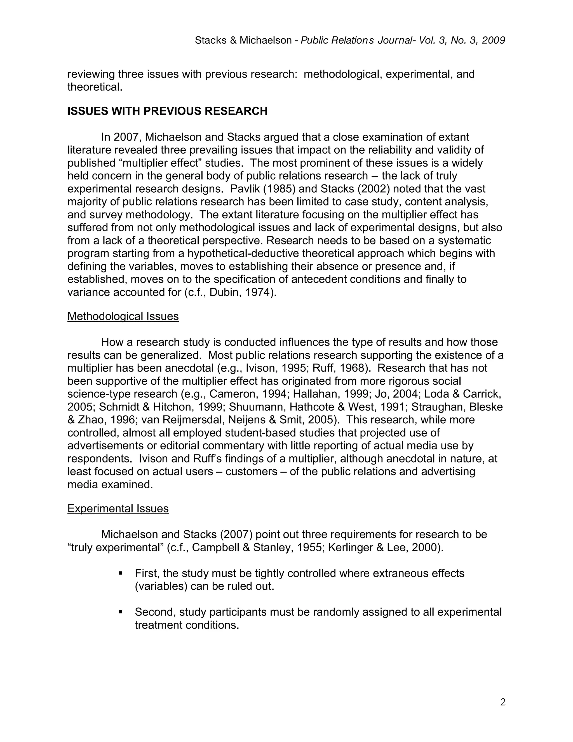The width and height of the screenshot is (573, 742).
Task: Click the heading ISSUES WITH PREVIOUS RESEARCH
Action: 167,111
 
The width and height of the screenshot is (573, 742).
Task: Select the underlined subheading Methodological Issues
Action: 123,316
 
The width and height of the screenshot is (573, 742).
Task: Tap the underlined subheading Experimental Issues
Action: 118,508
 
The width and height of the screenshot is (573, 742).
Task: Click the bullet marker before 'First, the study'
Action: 121,573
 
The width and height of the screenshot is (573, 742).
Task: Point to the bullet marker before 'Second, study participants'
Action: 121,612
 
